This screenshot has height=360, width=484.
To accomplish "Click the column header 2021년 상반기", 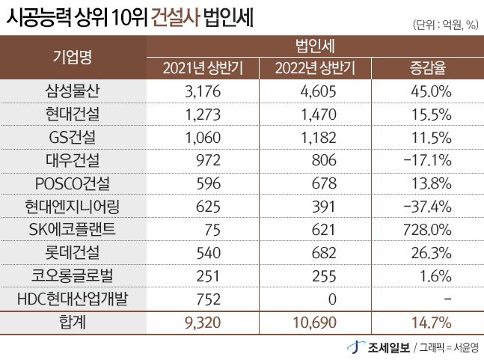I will click(x=202, y=69).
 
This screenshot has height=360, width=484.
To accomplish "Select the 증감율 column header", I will click(x=428, y=69).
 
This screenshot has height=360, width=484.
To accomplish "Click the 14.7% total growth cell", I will click(x=432, y=324).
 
